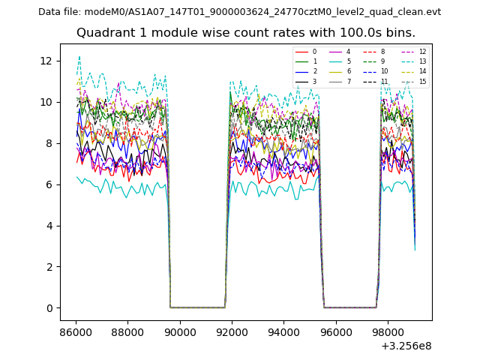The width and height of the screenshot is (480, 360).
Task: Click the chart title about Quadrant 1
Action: point(245,33)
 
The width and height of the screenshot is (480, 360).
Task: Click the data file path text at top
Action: point(239,12)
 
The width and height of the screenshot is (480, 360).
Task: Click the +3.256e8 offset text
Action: point(406,346)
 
